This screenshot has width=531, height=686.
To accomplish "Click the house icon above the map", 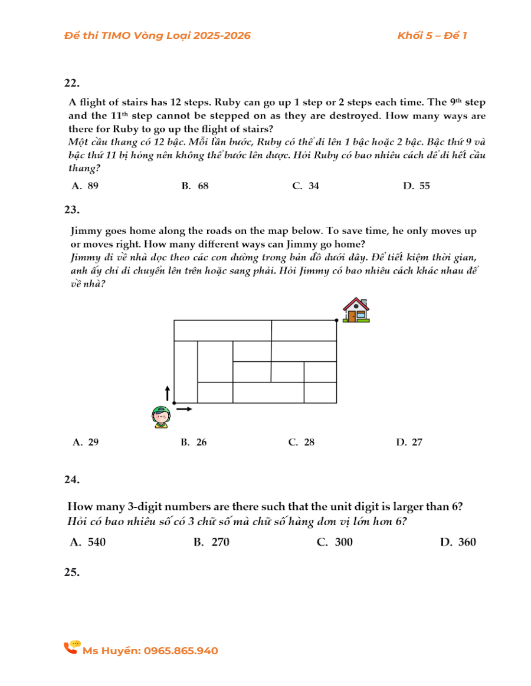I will (356, 309).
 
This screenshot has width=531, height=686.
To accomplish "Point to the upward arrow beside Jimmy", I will (167, 393).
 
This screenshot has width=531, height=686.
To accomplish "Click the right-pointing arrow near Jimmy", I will (185, 408).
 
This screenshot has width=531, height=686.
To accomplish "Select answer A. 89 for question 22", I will (85, 186).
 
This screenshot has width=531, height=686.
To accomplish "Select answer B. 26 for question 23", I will (194, 443).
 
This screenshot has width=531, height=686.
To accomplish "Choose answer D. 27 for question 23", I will (409, 443).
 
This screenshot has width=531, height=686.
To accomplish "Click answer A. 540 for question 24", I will (88, 542).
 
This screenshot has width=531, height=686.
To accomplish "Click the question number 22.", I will (72, 83).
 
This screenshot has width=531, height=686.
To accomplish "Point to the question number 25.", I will (72, 572).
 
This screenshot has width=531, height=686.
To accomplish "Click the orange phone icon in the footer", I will (71, 648).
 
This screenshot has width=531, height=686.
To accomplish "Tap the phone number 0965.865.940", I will (181, 651).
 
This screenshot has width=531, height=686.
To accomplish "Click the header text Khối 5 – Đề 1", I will (432, 35).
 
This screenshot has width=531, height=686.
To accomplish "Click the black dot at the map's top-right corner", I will (336, 320).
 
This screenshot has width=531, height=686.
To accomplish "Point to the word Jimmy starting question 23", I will (86, 231).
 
